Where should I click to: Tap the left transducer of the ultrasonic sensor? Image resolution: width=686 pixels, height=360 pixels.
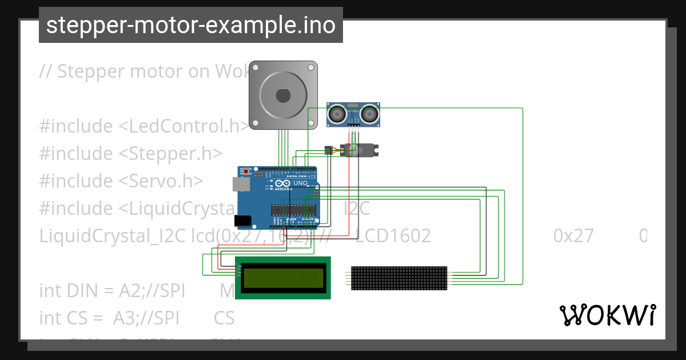[336, 115]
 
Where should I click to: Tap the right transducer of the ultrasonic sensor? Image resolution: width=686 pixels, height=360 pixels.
[369, 115]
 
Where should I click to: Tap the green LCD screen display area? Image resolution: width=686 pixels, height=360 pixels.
[283, 278]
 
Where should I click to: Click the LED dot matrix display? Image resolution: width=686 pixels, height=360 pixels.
[399, 278]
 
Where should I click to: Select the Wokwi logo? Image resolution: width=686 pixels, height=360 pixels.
[607, 315]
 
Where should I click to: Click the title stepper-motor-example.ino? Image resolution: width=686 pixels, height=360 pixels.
[190, 25]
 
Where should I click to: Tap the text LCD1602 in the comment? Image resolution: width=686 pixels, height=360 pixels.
[393, 235]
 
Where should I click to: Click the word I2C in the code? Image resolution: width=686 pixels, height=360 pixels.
[357, 208]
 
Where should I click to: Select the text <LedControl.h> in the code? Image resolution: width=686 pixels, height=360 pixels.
[184, 126]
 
